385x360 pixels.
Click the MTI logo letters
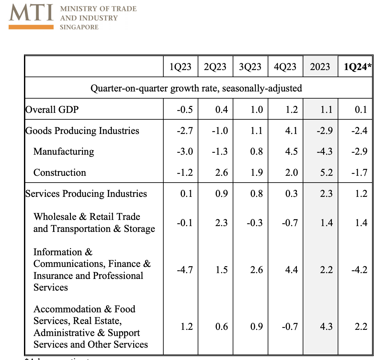tap(31, 13)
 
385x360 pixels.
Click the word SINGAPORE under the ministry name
tap(79, 27)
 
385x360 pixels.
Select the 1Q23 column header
tap(181, 67)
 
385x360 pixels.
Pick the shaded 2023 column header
tap(320, 67)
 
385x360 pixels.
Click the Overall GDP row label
tap(52, 109)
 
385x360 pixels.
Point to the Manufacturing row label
tap(64, 151)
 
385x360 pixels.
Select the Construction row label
tap(60, 173)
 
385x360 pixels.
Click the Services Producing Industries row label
tap(86, 194)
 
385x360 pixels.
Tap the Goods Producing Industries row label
tap(82, 131)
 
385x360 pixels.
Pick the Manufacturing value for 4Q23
tap(291, 151)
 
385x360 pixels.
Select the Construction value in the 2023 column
tap(326, 173)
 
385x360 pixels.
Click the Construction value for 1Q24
tap(359, 173)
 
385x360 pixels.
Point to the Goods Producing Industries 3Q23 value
tap(256, 131)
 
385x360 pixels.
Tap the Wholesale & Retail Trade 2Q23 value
tap(221, 223)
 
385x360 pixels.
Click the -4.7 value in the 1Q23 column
tap(185, 270)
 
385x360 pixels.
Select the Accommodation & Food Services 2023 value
tap(326, 327)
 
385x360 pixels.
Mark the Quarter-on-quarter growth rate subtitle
tap(196, 88)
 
